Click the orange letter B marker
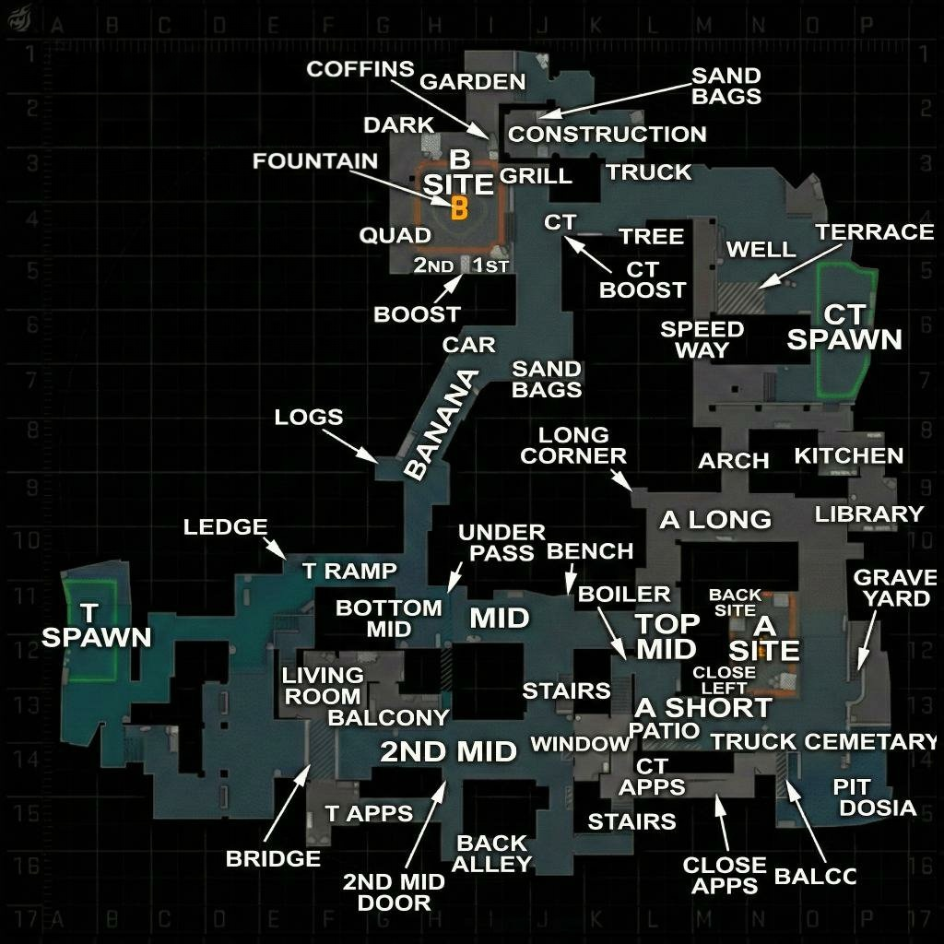459,208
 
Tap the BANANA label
442,425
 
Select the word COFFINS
360,69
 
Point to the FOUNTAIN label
315,161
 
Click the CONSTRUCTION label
607,135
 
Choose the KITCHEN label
849,456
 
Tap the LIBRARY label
868,514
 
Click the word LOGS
308,417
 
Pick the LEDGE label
225,526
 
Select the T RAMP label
349,571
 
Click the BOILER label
624,595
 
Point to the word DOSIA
878,808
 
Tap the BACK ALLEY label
492,854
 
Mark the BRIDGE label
273,858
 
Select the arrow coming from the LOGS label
349,446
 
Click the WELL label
761,249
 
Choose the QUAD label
395,235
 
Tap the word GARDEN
473,82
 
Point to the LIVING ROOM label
323,686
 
